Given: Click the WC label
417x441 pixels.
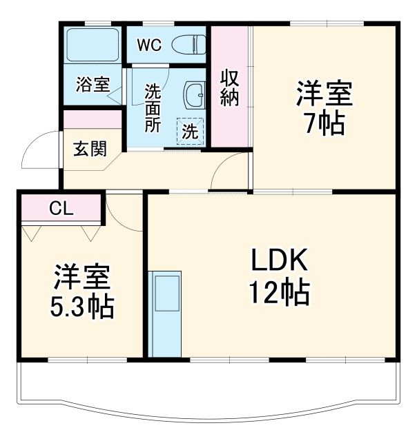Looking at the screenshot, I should (148, 45).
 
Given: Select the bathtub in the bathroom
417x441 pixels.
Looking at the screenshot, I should (93, 45).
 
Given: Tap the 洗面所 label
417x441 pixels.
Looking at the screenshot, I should (153, 108).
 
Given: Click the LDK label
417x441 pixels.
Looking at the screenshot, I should (278, 260).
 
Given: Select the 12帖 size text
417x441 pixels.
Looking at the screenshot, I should (279, 294).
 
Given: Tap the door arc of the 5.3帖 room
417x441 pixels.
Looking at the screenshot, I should (124, 214).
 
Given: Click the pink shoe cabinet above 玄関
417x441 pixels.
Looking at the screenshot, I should (93, 119).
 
